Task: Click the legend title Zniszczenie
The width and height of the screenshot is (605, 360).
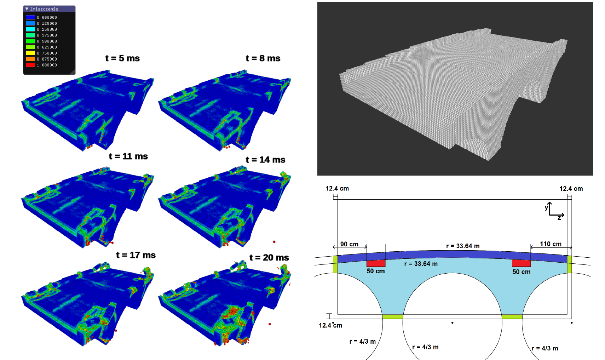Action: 44,9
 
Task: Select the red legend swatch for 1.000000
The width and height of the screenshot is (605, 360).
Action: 30,65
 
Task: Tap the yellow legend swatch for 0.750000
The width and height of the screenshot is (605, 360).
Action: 30,53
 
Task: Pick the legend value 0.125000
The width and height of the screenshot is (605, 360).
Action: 47,23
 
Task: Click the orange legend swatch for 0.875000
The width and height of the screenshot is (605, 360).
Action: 30,59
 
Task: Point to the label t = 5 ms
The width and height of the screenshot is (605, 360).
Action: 122,58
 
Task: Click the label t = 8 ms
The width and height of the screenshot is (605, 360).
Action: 263,58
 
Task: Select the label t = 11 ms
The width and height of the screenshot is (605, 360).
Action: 128,156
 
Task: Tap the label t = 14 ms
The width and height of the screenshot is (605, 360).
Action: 265,160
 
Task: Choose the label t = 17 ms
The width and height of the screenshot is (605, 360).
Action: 136,255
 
